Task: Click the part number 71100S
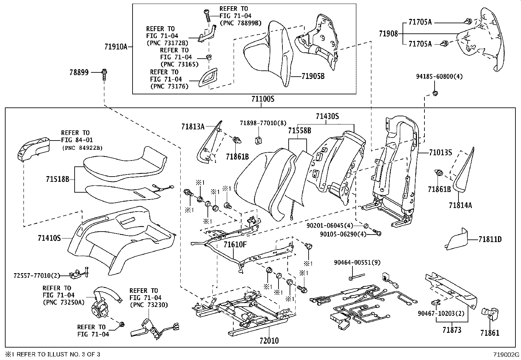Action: coord(262,99)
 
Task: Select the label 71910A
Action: coord(116,47)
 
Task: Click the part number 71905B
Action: coord(313,77)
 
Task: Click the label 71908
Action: coord(388,33)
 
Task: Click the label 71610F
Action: coord(235,244)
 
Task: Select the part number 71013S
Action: coord(440,153)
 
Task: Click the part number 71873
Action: coord(452,330)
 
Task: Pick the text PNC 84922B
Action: coord(82,148)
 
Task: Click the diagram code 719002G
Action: coord(507,354)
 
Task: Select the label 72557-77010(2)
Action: coord(37,275)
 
